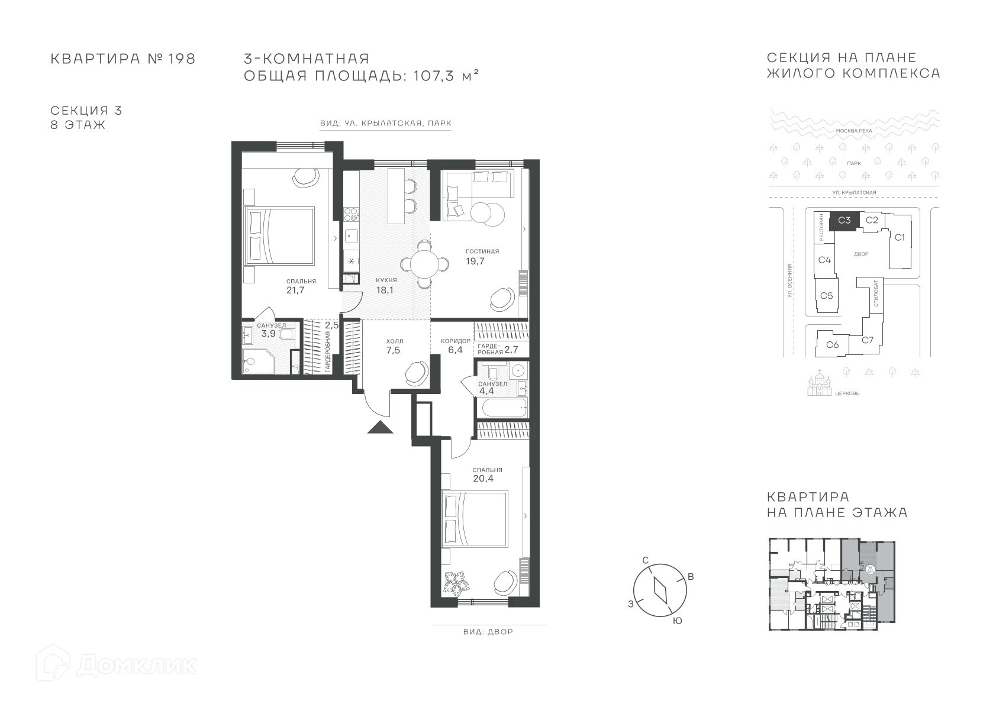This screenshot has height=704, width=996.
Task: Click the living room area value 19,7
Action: (475, 261)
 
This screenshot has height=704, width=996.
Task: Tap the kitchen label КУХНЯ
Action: (386, 280)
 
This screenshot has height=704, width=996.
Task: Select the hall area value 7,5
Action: (393, 350)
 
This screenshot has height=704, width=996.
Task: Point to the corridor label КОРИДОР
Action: (455, 341)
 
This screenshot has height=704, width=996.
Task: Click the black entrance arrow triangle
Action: (380, 427)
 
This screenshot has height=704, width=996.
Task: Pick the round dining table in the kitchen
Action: (425, 264)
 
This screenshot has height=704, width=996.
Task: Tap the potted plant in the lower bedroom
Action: (456, 583)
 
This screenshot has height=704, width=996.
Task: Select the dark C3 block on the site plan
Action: (844, 220)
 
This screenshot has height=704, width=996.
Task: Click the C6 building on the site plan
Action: (833, 344)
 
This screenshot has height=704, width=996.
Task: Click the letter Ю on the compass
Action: (678, 621)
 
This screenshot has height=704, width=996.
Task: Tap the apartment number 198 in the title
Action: (182, 59)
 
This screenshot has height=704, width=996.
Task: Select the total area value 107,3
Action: (434, 76)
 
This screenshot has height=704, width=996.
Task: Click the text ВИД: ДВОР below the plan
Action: (488, 632)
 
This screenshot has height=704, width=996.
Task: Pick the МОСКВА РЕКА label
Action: (854, 131)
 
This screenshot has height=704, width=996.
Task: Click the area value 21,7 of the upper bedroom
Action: (295, 290)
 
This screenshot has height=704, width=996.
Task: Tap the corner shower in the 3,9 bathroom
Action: (255, 361)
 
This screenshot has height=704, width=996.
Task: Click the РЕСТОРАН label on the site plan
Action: (821, 228)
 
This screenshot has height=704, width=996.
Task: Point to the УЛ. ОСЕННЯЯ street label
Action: (790, 280)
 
